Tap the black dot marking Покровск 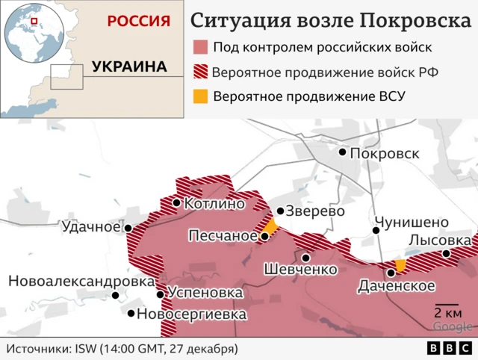pyautogui.click(x=343, y=152)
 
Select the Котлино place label pyautogui.click(x=214, y=203)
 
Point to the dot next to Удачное pyautogui.click(x=128, y=229)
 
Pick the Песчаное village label pyautogui.click(x=223, y=236)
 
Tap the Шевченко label pyautogui.click(x=301, y=269)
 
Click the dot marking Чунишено pyautogui.click(x=376, y=230)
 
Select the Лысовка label pyautogui.click(x=441, y=240)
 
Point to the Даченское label pyautogui.click(x=397, y=286)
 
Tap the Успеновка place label pyautogui.click(x=205, y=293)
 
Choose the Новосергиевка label pyautogui.click(x=191, y=314)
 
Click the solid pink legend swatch pyautogui.click(x=199, y=47)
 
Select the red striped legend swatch pyautogui.click(x=199, y=72)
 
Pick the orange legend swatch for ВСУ pyautogui.click(x=199, y=97)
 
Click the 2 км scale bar pyautogui.click(x=447, y=317)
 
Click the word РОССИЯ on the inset pyautogui.click(x=138, y=21)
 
